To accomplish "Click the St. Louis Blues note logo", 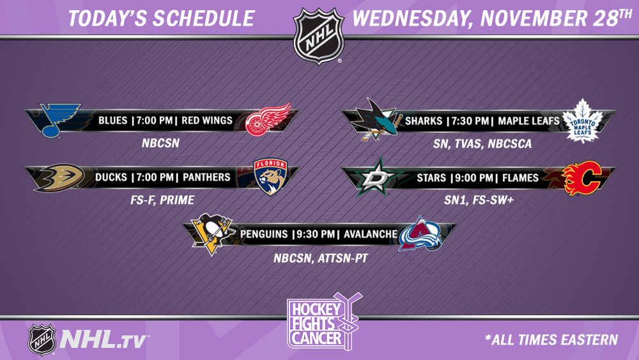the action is (60, 120).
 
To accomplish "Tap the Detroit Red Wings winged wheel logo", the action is (268, 120).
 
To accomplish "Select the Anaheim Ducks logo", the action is (59, 177).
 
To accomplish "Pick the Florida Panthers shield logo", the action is (270, 176).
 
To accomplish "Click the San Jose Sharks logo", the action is (375, 120).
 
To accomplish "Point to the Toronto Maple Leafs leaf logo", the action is (582, 121).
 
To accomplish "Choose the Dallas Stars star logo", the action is (376, 176).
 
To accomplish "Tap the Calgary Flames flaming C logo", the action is (582, 177).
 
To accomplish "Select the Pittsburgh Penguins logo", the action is (212, 233).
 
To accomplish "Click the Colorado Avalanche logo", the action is (420, 233).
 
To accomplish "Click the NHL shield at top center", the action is (319, 35).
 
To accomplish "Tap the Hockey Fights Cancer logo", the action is (323, 321).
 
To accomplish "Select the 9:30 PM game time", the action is (316, 235).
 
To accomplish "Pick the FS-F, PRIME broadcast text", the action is (162, 200).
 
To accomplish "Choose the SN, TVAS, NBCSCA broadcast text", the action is (482, 143).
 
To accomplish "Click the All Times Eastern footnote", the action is (551, 340).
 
